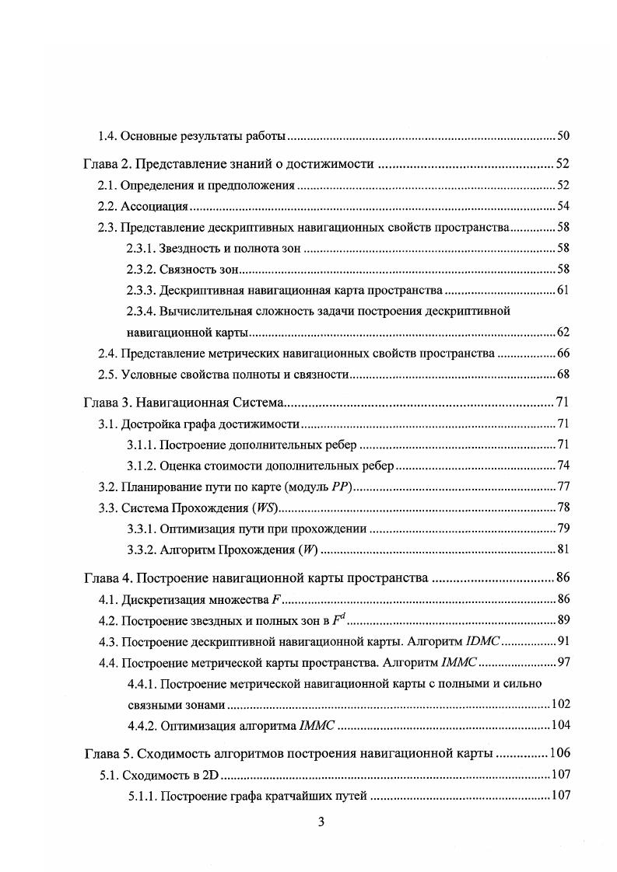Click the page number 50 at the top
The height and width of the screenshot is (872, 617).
click(563, 137)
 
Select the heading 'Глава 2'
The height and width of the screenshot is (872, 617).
click(106, 164)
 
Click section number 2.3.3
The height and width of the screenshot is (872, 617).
click(141, 290)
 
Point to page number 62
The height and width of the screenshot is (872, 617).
click(563, 332)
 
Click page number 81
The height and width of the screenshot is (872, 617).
click(563, 550)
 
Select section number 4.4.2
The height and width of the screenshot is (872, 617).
click(141, 725)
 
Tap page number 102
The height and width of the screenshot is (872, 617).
click(560, 704)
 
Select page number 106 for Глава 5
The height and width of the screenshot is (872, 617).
click(560, 753)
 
